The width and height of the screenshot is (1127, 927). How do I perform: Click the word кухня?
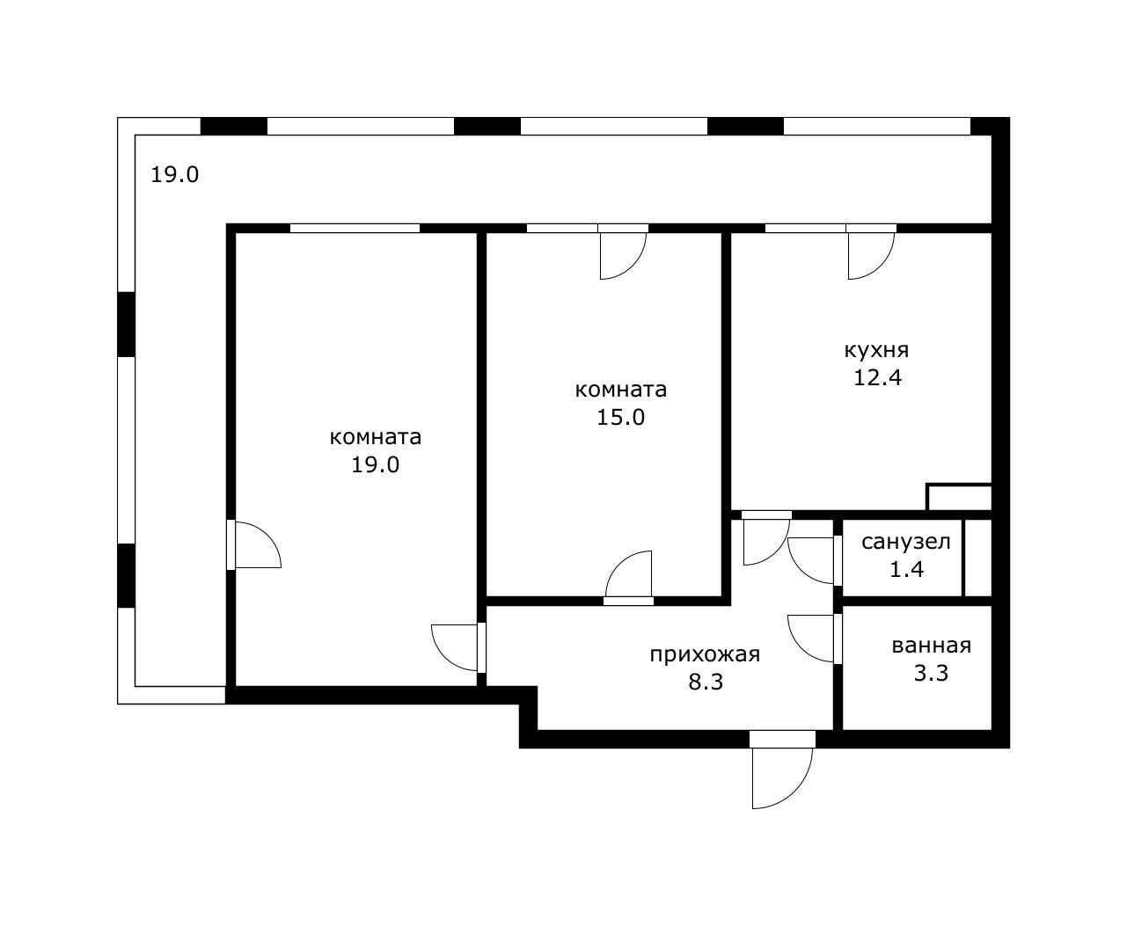click(x=876, y=351)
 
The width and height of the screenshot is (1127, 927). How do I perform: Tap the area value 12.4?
click(x=877, y=377)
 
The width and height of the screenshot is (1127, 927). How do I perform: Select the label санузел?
click(x=906, y=542)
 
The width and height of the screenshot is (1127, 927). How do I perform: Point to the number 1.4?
click(x=906, y=570)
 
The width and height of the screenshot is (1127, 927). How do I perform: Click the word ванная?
click(x=932, y=646)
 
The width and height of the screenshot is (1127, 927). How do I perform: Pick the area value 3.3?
click(x=931, y=673)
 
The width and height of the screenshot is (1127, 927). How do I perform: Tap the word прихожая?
click(x=705, y=655)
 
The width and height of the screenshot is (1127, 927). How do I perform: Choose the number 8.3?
click(x=706, y=682)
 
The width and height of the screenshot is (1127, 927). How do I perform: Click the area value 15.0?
click(x=620, y=417)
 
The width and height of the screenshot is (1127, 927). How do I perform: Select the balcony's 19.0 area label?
click(x=175, y=175)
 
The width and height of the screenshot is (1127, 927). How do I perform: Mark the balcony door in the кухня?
click(x=871, y=255)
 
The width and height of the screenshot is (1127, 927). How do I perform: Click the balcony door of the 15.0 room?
click(x=623, y=255)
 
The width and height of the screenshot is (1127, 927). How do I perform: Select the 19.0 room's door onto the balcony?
click(x=254, y=545)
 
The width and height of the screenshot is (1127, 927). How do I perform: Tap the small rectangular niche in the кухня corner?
click(x=960, y=498)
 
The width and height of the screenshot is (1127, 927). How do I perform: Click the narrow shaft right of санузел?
click(x=978, y=558)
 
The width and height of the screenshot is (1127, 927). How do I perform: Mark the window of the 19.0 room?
click(x=355, y=228)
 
